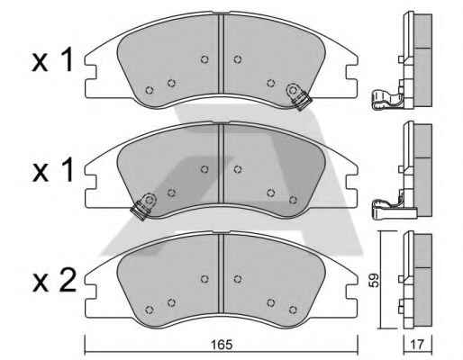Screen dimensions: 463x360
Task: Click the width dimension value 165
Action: (222, 345)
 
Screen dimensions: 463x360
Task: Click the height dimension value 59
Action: (375, 280)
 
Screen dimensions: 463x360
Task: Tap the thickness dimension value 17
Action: (417, 345)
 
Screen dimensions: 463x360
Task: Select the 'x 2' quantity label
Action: (54, 282)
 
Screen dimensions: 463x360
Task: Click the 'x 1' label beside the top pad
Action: (52, 60)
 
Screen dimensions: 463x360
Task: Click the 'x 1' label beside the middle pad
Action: (52, 170)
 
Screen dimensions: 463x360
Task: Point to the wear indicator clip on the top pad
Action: (298, 96)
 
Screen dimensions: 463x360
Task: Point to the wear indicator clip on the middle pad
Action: (143, 206)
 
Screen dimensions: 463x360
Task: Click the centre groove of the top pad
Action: (221, 54)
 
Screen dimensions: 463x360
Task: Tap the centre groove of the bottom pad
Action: (221, 274)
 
